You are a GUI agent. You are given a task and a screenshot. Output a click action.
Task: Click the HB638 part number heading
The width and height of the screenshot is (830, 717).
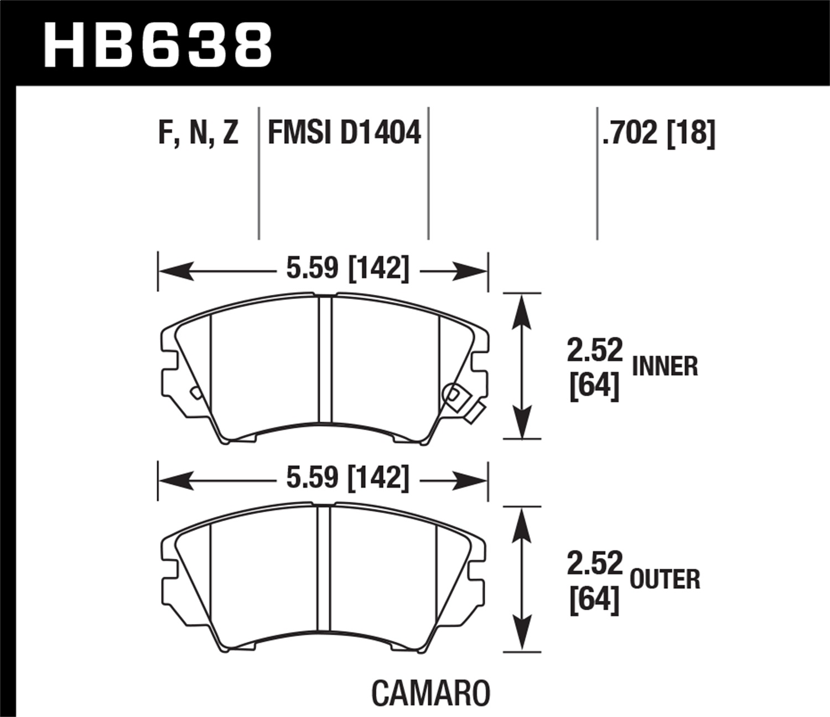tap(158, 44)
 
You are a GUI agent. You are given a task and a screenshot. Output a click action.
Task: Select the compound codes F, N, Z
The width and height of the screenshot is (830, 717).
tap(198, 133)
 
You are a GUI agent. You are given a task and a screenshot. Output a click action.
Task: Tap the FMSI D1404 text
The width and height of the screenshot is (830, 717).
tap(344, 133)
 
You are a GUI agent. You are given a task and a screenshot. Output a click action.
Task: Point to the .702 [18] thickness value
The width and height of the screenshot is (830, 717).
tap(658, 133)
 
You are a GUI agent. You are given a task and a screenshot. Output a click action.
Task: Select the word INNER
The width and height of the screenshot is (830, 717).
tap(665, 366)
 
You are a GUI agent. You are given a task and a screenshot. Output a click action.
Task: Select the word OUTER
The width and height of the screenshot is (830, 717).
tap(665, 579)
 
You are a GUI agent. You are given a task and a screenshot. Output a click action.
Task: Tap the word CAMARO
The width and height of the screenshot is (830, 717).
tap(430, 693)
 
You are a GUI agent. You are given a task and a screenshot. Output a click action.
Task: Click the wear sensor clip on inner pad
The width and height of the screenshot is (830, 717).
tap(464, 401)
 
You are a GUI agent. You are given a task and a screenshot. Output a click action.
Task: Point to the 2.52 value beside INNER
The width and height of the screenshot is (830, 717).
tap(594, 351)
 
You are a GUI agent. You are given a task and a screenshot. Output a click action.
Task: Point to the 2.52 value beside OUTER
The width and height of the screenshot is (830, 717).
tap(594, 564)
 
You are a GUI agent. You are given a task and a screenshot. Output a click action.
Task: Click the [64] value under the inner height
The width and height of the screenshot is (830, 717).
tap(594, 385)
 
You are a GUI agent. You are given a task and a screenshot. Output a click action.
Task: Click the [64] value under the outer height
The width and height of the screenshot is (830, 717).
tap(594, 599)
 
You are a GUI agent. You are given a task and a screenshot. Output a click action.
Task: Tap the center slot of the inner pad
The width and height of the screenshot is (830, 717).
tap(325, 360)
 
